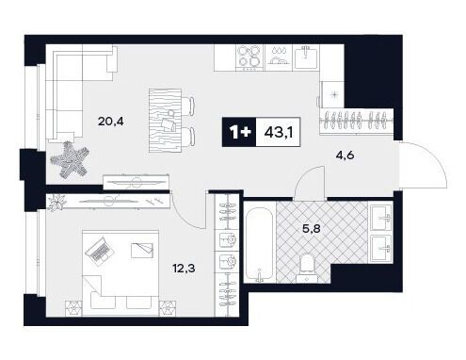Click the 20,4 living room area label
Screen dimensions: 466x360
point(110,121)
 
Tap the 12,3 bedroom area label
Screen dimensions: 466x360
point(184,268)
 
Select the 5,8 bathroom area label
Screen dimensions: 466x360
point(311,229)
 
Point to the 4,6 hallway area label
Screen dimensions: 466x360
point(345,155)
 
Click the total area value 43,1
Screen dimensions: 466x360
point(279,132)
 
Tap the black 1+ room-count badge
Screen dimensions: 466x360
point(239,132)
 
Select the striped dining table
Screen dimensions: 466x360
point(165,121)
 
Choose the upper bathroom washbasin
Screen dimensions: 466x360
point(381,218)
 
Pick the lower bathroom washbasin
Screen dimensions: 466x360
point(381,248)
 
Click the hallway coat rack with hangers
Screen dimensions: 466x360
point(357,122)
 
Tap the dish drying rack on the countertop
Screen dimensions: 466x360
point(279,57)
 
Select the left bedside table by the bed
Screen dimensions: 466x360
point(73,308)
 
